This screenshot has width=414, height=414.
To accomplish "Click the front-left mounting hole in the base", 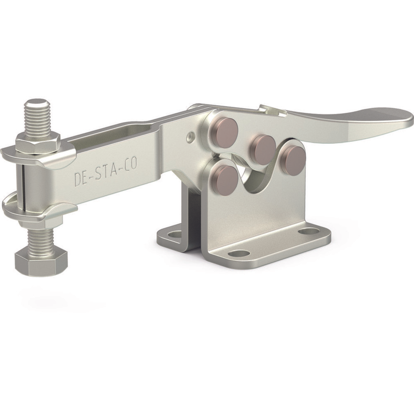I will point(240,253).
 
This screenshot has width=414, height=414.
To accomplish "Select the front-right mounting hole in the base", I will point(309,231).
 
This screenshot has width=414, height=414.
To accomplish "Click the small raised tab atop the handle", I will point(272,110).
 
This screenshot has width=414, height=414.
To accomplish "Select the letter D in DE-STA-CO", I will point(78,180).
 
